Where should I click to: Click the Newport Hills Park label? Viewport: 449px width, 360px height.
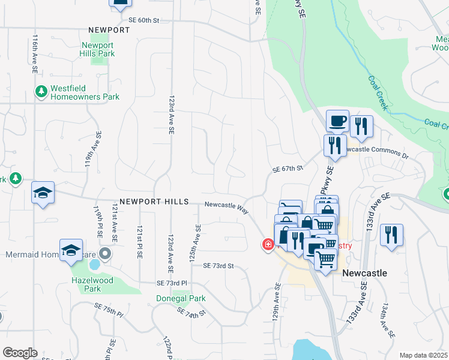click(x=97, y=49)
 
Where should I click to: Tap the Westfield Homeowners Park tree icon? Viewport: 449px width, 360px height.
click(x=41, y=92)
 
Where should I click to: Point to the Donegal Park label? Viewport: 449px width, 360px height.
click(x=181, y=298)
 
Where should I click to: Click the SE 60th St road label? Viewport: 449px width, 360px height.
click(x=139, y=20)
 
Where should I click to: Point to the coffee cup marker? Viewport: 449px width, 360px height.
click(x=337, y=121)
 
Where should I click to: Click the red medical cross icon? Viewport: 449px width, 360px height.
click(x=267, y=244)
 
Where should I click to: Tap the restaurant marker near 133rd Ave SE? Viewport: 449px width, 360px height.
click(x=391, y=234)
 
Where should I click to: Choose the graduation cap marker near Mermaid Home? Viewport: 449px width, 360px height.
click(x=71, y=250)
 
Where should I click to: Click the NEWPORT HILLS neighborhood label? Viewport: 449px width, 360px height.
click(x=154, y=202)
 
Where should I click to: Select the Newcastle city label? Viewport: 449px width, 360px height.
click(x=364, y=273)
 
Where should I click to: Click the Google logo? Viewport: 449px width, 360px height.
click(x=20, y=353)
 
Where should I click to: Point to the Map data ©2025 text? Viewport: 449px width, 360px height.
click(x=423, y=355)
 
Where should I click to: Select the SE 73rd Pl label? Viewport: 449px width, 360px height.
click(x=172, y=283)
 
